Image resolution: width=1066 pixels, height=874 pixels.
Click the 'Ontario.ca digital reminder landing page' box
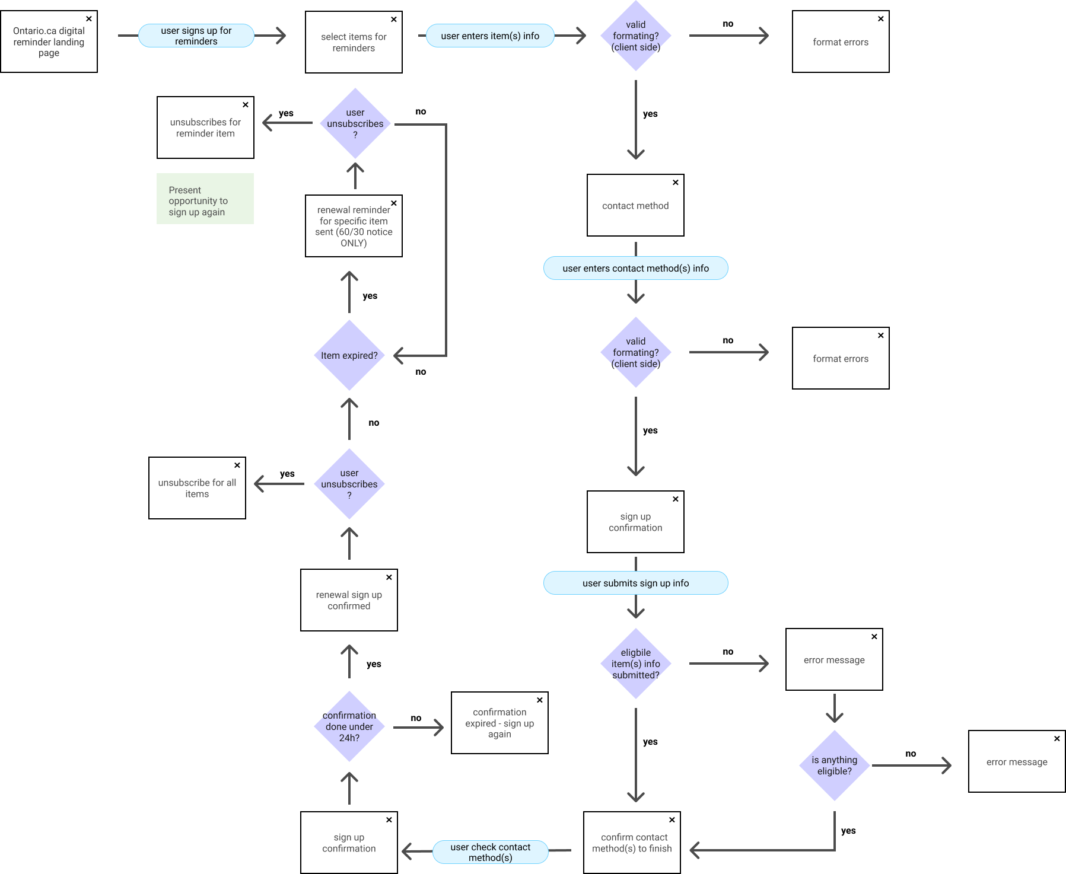(x=49, y=42)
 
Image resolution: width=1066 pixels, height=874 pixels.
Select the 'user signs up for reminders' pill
(x=196, y=36)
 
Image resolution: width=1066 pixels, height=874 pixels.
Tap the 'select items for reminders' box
(x=354, y=42)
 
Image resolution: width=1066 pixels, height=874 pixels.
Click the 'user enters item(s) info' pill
(x=490, y=36)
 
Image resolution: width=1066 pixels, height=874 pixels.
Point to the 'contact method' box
(x=635, y=205)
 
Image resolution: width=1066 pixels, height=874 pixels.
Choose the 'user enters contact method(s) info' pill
(x=636, y=268)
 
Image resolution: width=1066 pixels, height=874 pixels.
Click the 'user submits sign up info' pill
(x=636, y=583)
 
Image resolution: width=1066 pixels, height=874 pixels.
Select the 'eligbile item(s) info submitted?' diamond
(x=636, y=664)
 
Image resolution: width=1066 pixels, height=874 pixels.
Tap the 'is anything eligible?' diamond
(x=835, y=765)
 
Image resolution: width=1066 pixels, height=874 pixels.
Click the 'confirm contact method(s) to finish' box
(x=632, y=843)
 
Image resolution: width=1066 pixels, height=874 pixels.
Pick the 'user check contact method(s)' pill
(x=491, y=852)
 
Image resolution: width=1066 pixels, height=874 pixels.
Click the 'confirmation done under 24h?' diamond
(x=349, y=726)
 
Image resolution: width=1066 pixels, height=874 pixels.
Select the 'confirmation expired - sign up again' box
(x=499, y=723)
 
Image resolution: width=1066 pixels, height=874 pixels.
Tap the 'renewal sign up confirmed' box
(x=349, y=600)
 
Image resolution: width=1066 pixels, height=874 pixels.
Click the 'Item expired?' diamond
(x=349, y=355)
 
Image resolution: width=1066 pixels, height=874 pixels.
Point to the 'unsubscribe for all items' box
(x=197, y=488)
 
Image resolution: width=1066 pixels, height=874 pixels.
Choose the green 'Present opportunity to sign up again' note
(x=205, y=199)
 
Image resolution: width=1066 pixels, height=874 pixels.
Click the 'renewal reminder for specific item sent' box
(x=354, y=226)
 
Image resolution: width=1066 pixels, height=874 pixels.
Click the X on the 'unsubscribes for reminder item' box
(x=246, y=105)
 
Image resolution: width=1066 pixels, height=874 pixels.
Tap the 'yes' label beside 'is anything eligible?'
(x=848, y=831)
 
